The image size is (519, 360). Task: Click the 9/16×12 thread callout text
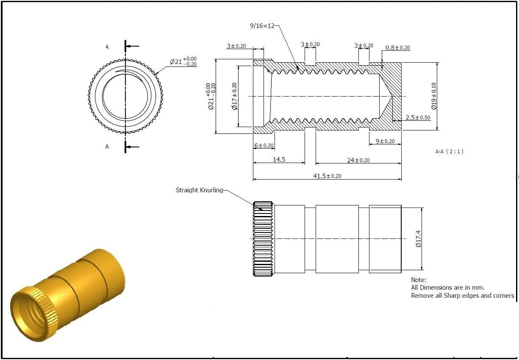click(262, 26)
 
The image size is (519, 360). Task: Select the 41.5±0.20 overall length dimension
click(327, 176)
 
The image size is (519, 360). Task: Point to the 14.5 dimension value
click(279, 160)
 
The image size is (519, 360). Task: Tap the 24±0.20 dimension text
click(358, 160)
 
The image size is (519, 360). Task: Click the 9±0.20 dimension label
click(385, 141)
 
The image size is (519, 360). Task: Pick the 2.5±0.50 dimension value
click(418, 117)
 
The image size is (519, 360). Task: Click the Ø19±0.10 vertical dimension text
click(433, 96)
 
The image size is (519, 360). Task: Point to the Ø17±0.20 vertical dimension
click(234, 96)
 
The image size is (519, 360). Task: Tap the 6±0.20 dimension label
click(264, 145)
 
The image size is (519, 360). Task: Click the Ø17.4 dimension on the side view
click(418, 239)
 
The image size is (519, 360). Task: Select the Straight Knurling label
click(199, 190)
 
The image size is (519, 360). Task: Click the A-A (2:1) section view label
click(449, 151)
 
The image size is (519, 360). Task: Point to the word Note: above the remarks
click(419, 280)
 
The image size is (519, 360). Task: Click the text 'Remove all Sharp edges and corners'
click(462, 296)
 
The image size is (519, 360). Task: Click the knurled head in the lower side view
click(263, 239)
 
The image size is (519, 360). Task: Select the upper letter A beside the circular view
click(107, 47)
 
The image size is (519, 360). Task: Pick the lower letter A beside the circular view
click(107, 147)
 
